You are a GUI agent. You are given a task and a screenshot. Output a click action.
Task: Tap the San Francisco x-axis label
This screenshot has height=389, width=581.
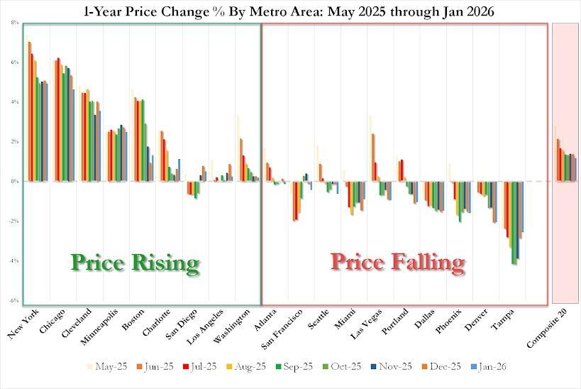click(x=281, y=332)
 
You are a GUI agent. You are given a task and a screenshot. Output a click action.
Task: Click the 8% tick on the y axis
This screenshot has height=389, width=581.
click(x=13, y=23)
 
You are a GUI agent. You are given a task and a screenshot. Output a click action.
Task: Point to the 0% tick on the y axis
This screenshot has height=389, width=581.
click(x=13, y=182)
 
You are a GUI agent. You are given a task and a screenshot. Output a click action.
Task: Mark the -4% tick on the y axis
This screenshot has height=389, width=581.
click(x=13, y=261)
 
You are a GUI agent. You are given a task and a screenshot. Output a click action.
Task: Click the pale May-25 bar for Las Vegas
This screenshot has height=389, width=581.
click(x=370, y=148)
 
